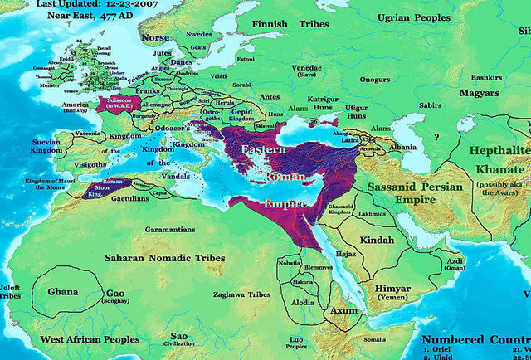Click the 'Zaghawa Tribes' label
[x=241, y=294]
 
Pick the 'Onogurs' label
[x=374, y=80]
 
